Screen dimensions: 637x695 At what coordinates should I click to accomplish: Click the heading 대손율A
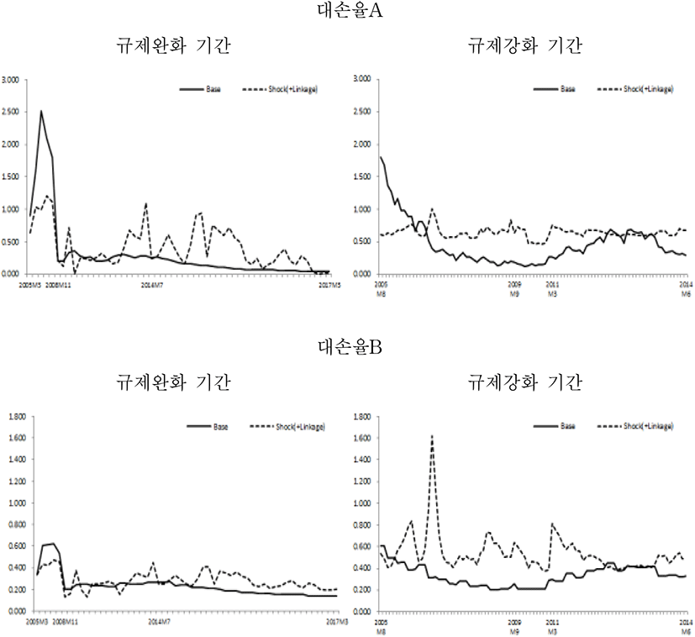347,11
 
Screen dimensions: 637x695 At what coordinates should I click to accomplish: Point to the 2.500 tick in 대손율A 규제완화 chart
14,112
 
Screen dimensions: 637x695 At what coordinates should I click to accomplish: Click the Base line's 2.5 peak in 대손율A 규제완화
41,111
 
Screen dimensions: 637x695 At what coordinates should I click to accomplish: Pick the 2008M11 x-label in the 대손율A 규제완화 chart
57,285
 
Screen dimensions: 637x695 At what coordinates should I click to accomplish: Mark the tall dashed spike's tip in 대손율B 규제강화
432,435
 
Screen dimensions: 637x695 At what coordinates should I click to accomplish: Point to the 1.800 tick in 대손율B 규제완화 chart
14,417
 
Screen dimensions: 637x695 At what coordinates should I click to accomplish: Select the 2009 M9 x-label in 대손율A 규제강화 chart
516,289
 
